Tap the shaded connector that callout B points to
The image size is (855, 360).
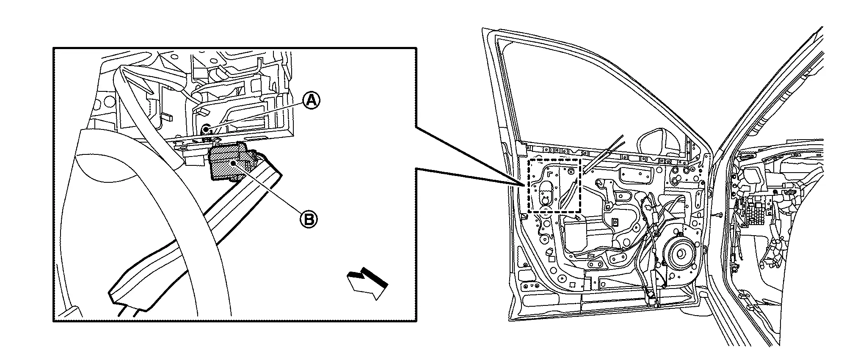pos(229,162)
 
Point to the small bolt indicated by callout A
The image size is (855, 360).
pos(205,128)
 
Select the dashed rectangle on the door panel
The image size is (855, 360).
pos(554,186)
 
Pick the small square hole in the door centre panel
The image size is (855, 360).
pos(615,221)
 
